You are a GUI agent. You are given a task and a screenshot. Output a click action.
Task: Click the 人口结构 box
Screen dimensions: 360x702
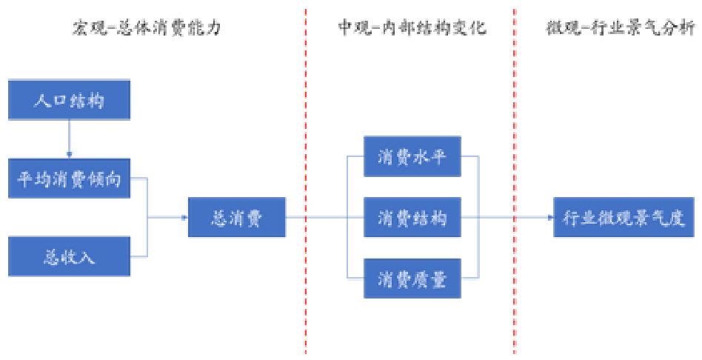(x=69, y=100)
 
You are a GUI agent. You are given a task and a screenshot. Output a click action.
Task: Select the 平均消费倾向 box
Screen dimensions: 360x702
(x=69, y=178)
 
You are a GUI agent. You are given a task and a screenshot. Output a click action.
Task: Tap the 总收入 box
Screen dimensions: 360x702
(x=69, y=256)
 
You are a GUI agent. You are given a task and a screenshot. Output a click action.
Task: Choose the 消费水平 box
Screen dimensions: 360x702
(x=412, y=156)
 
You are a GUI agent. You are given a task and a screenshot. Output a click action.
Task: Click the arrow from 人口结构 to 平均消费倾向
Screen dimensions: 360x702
(x=69, y=139)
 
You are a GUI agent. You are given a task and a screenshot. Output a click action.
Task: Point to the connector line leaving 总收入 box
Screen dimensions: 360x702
(x=141, y=256)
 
